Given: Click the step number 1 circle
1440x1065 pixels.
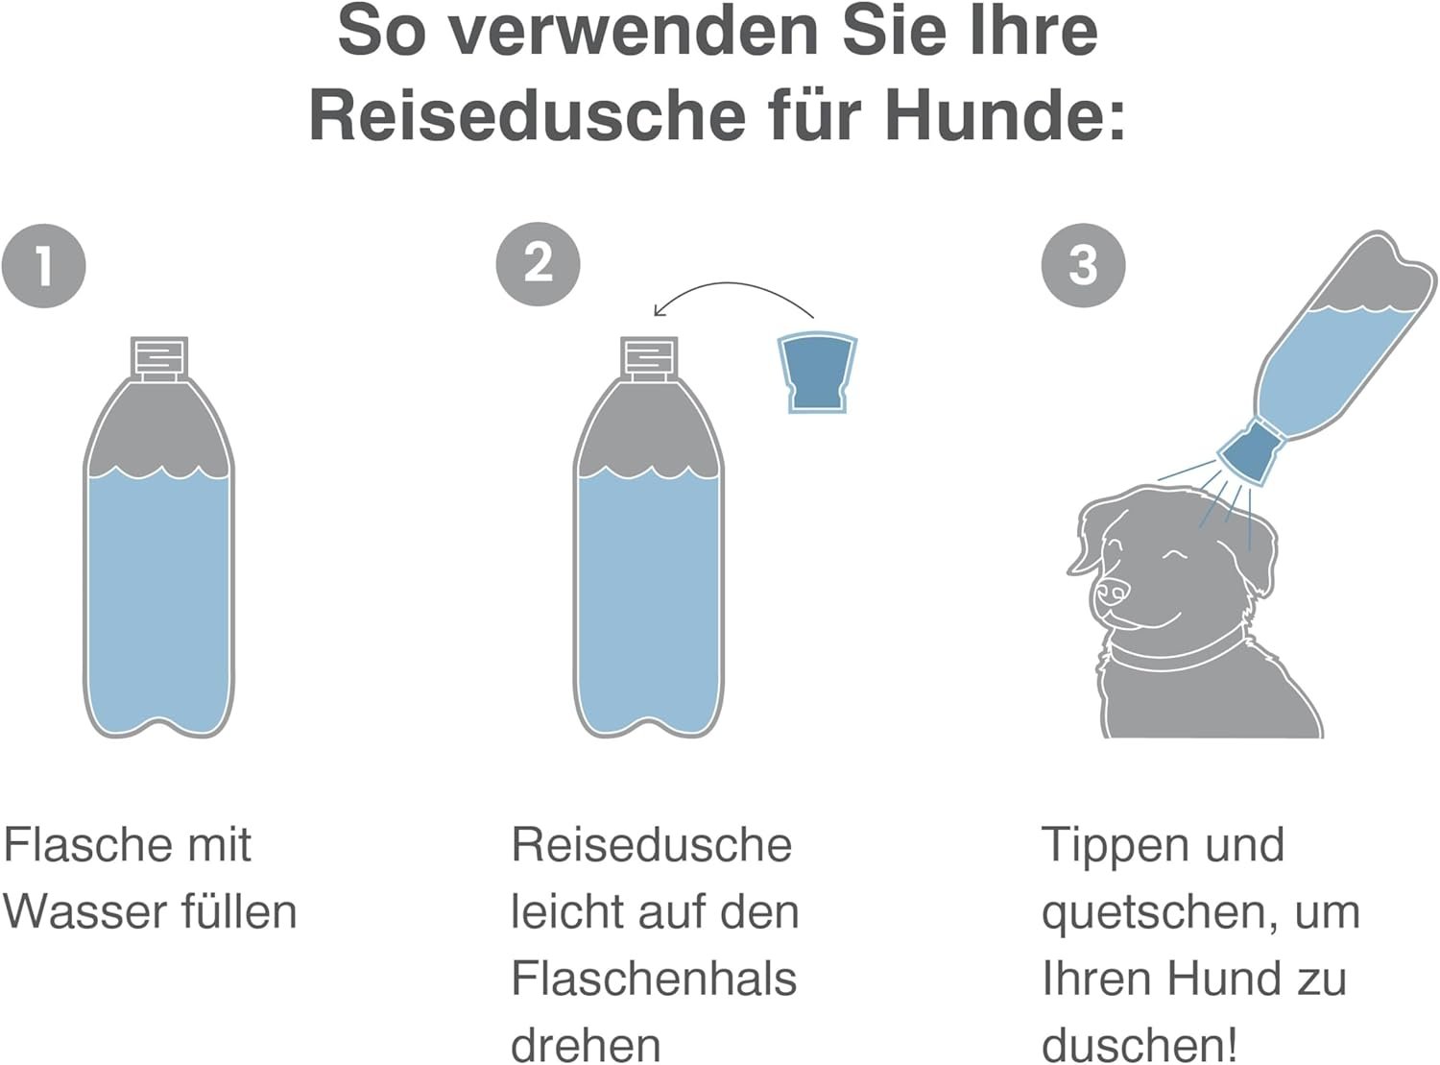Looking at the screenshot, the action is tap(43, 266).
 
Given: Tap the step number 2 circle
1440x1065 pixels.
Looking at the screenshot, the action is tap(538, 264).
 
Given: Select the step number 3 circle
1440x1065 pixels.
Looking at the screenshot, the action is tap(1083, 266).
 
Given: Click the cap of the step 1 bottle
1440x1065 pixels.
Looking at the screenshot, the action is tap(159, 358).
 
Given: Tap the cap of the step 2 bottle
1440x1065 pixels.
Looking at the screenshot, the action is tap(649, 358).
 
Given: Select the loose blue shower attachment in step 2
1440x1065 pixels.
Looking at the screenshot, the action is tap(817, 374).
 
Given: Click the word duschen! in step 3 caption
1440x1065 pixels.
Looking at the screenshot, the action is tap(1140, 1045).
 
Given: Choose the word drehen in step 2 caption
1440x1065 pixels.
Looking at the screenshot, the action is tap(586, 1045).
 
